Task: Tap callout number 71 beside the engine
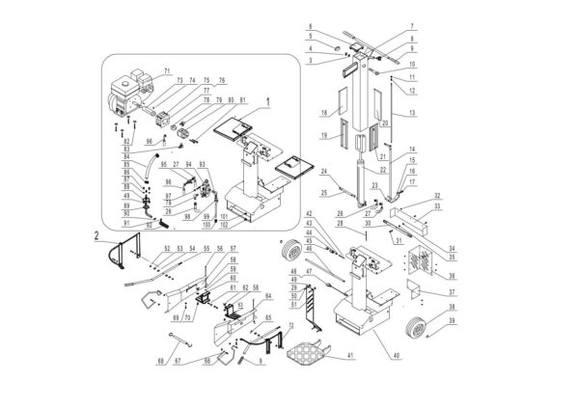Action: (166, 71)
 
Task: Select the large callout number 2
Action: (96, 233)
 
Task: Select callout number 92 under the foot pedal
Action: (150, 224)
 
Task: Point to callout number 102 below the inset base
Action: (224, 225)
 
